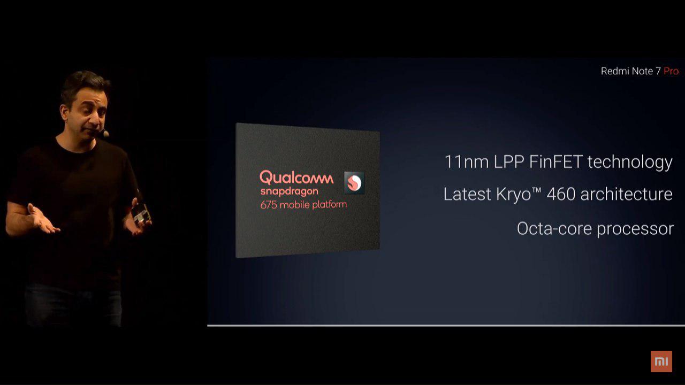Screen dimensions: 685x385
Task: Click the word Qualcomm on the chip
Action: click(296, 178)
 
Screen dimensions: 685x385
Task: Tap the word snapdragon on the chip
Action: click(290, 191)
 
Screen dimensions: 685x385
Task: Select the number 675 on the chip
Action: click(269, 205)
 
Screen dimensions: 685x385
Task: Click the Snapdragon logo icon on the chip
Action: click(354, 183)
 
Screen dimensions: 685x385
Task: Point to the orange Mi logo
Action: click(661, 361)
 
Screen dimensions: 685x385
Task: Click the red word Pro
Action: click(671, 71)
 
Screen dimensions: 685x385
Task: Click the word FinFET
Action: click(555, 161)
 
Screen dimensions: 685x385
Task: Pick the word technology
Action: click(630, 163)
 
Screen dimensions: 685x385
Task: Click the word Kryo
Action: click(513, 195)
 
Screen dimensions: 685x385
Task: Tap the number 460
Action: click(561, 194)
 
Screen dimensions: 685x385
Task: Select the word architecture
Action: click(626, 194)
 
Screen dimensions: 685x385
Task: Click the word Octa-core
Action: click(554, 229)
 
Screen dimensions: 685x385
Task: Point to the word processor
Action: click(635, 230)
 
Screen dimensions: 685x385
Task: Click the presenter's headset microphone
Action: click(105, 133)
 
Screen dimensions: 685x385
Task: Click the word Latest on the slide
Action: click(467, 194)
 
